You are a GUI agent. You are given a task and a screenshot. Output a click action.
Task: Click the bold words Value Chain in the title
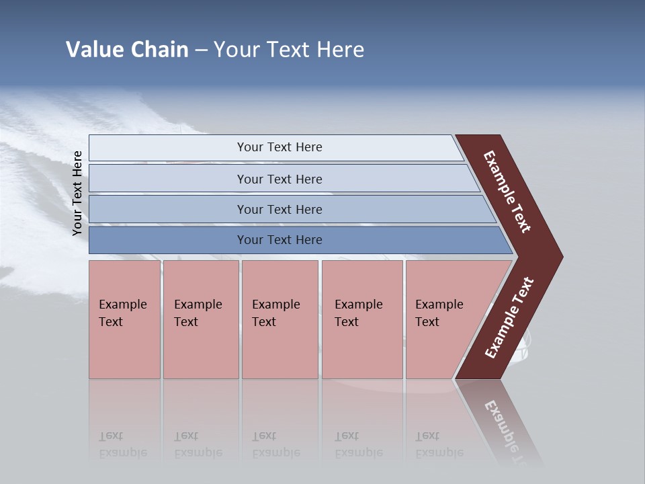tap(127, 50)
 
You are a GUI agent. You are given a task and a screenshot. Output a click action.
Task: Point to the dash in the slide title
tap(201, 50)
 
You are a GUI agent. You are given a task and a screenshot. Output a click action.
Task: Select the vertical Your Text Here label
tap(77, 193)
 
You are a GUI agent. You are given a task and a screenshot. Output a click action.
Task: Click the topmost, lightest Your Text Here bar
tap(279, 147)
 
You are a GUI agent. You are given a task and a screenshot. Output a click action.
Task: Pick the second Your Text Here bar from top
tap(279, 179)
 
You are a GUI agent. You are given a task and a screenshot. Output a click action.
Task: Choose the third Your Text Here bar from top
tap(279, 209)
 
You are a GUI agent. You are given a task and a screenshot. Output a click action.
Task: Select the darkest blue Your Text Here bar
tap(279, 240)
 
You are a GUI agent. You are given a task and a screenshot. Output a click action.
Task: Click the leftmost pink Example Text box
tap(124, 319)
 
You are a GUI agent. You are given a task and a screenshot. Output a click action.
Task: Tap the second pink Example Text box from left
tap(200, 319)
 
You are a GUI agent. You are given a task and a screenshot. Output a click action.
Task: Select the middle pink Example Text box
tap(279, 319)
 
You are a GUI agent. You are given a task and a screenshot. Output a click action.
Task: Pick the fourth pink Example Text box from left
tap(362, 319)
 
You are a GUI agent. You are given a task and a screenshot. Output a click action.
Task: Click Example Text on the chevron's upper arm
tap(508, 192)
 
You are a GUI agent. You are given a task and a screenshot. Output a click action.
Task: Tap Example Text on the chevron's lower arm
tap(509, 318)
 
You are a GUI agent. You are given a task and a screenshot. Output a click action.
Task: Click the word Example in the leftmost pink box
tap(122, 305)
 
